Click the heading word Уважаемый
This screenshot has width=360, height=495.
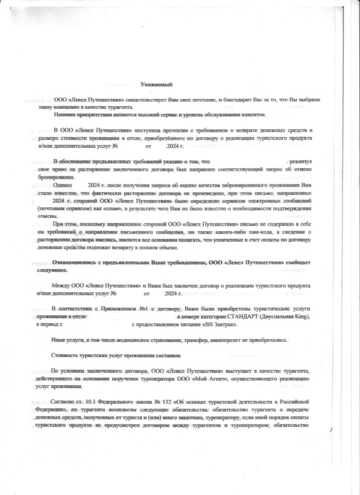tap(156, 84)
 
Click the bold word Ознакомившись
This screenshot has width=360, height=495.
tap(75, 262)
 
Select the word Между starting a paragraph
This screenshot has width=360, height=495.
tap(61, 285)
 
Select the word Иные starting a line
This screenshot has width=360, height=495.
tap(60, 340)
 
